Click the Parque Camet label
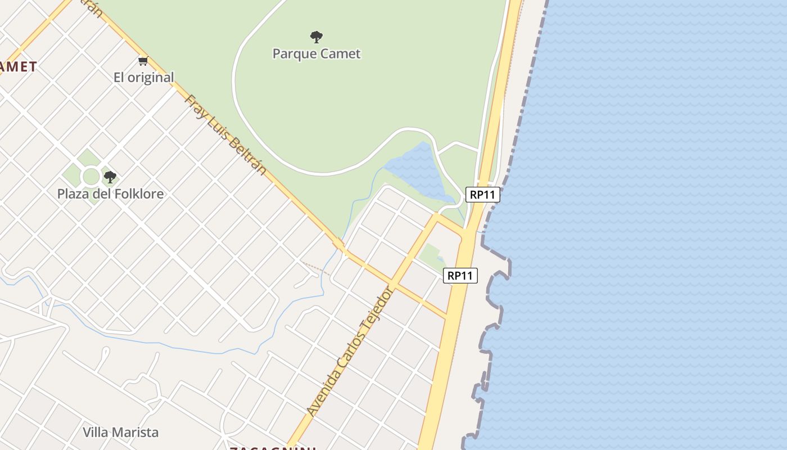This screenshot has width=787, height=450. pos(316,54)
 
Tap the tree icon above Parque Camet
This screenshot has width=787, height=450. pos(316,38)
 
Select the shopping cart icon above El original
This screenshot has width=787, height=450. pos(143,61)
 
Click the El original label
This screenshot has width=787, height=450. pos(144,78)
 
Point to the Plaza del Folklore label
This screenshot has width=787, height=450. pos(110,194)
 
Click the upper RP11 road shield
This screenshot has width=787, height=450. pos(483,195)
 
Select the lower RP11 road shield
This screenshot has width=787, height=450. pos(460,276)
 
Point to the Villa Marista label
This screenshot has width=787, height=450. pos(121,433)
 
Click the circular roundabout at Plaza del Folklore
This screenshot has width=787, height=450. pos(91,177)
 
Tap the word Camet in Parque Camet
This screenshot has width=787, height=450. pos(340,54)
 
